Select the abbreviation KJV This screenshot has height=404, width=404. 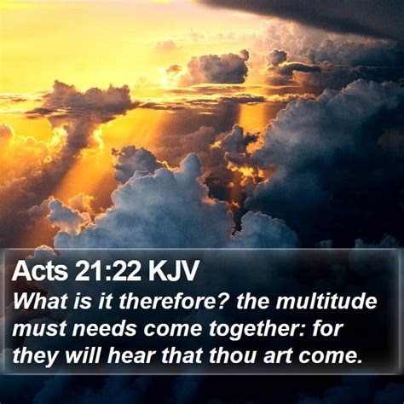[x=173, y=270]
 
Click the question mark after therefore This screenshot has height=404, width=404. [x=222, y=301]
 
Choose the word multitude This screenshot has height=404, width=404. [x=326, y=301]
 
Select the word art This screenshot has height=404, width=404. [x=277, y=355]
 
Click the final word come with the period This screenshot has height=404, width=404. [x=330, y=356]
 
